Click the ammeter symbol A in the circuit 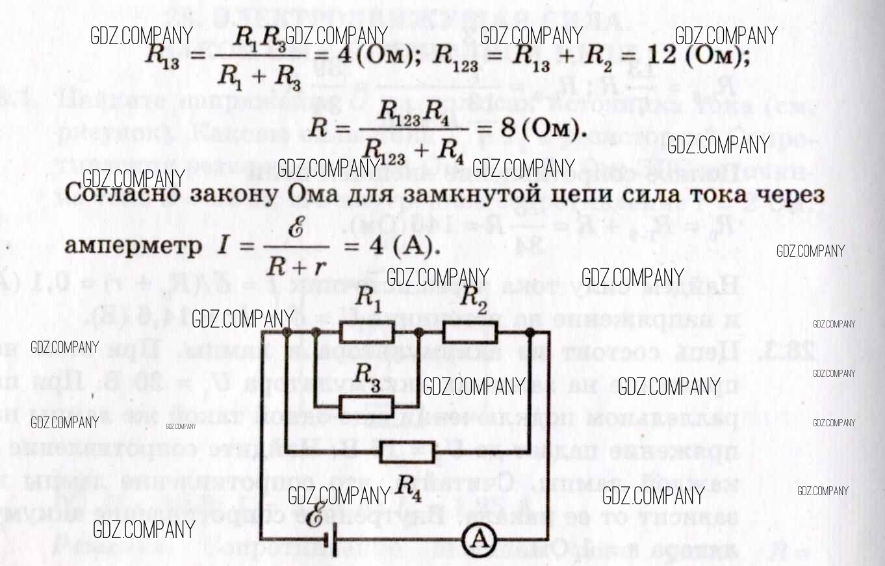480,539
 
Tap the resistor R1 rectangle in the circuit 366,332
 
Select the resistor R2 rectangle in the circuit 470,333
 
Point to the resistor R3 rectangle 366,407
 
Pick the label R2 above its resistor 473,300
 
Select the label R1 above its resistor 368,300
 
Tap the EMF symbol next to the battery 316,514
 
